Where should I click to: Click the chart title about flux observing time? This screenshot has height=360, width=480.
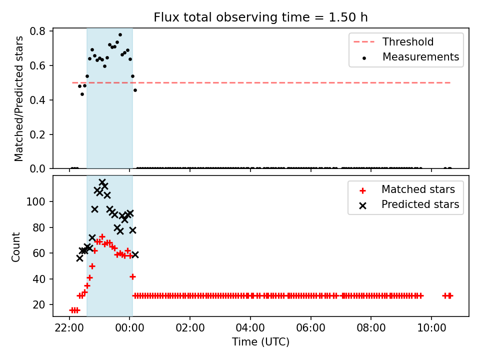[x=260, y=17]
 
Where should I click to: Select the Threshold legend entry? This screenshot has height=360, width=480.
[x=393, y=41]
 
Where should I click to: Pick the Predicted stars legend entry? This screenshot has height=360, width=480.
[x=409, y=204]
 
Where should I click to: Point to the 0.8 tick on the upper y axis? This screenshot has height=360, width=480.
[x=37, y=31]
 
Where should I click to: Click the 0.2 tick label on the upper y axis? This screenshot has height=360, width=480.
[x=37, y=134]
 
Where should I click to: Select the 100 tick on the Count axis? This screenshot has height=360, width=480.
[x=36, y=201]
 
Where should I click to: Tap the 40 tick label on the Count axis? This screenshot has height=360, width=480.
[x=39, y=279]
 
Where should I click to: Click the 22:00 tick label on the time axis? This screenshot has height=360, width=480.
[x=69, y=328]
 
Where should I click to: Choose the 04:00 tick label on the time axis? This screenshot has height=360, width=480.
[x=250, y=328]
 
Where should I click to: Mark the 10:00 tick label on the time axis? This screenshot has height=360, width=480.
[x=431, y=328]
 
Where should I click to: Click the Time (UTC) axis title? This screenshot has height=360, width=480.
[x=260, y=341]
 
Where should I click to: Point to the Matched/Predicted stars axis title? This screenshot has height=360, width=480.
[x=18, y=98]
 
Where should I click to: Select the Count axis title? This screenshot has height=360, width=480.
[x=15, y=247]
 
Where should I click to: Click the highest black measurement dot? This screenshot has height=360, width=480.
[x=120, y=35]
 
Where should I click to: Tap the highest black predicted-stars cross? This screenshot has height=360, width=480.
[x=102, y=182]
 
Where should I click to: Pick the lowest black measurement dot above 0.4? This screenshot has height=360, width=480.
[x=82, y=94]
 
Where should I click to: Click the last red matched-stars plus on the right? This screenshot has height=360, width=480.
[x=450, y=295]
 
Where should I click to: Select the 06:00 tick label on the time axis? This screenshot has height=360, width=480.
[x=310, y=328]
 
